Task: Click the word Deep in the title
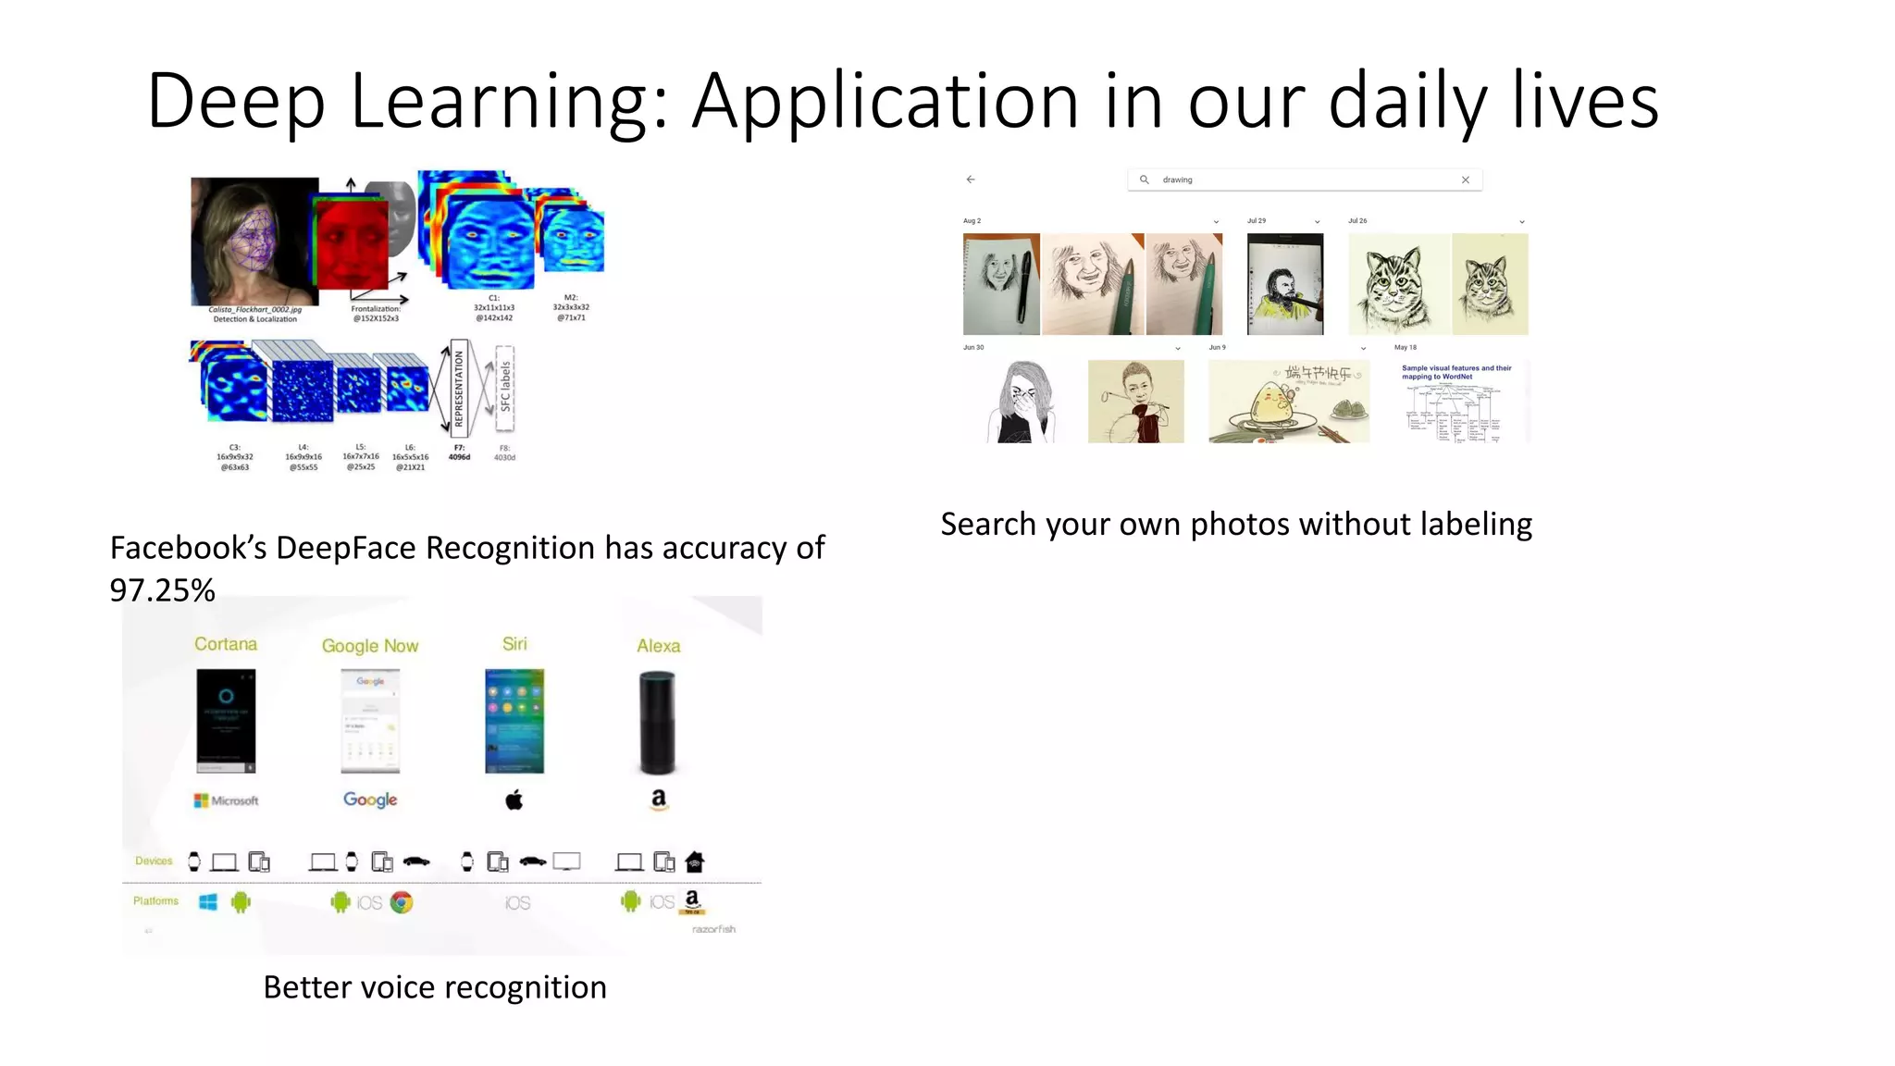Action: [x=236, y=102]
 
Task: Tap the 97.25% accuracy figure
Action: [x=162, y=590]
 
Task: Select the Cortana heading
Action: [x=226, y=644]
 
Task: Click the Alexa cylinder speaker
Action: [x=657, y=722]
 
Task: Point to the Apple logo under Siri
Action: [x=514, y=799]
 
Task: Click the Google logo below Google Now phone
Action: [x=370, y=799]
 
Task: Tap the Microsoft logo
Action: [x=226, y=800]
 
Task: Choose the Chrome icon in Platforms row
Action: [x=402, y=902]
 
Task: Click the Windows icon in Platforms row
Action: [x=208, y=902]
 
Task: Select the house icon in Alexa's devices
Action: [x=695, y=862]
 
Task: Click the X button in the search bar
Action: [x=1466, y=180]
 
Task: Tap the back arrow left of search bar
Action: [x=971, y=180]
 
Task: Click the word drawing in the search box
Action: [x=1177, y=180]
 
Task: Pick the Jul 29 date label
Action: [x=1256, y=221]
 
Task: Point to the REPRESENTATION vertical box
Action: [x=458, y=388]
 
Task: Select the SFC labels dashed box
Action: [x=505, y=388]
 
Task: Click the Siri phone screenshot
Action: [x=514, y=721]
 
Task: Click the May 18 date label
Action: [x=1405, y=348]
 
